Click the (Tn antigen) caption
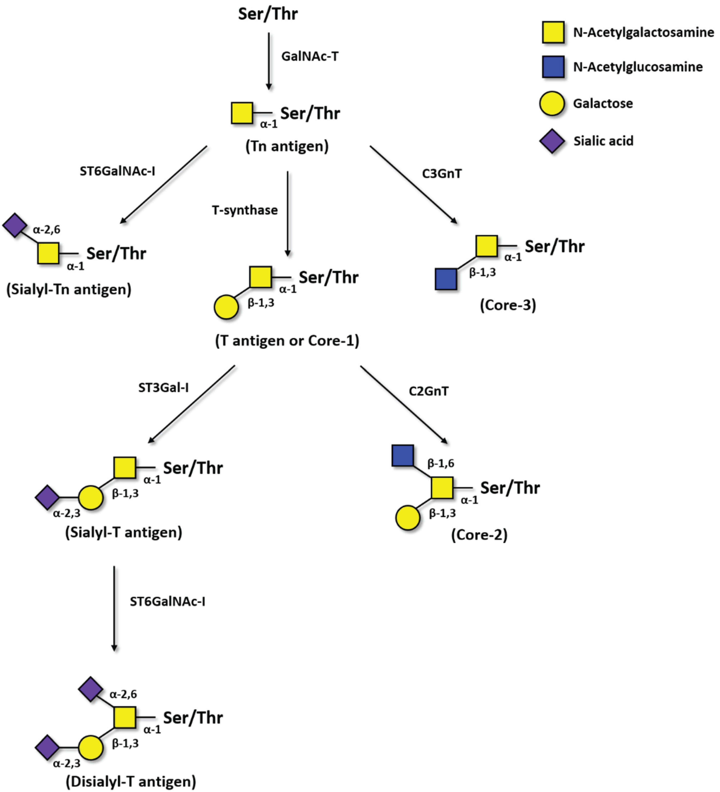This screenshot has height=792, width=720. pos(287,146)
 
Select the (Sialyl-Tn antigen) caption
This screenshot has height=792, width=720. pos(69,290)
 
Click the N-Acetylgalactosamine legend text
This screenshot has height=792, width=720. pos(643,32)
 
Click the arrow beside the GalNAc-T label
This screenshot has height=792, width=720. pos(269,61)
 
